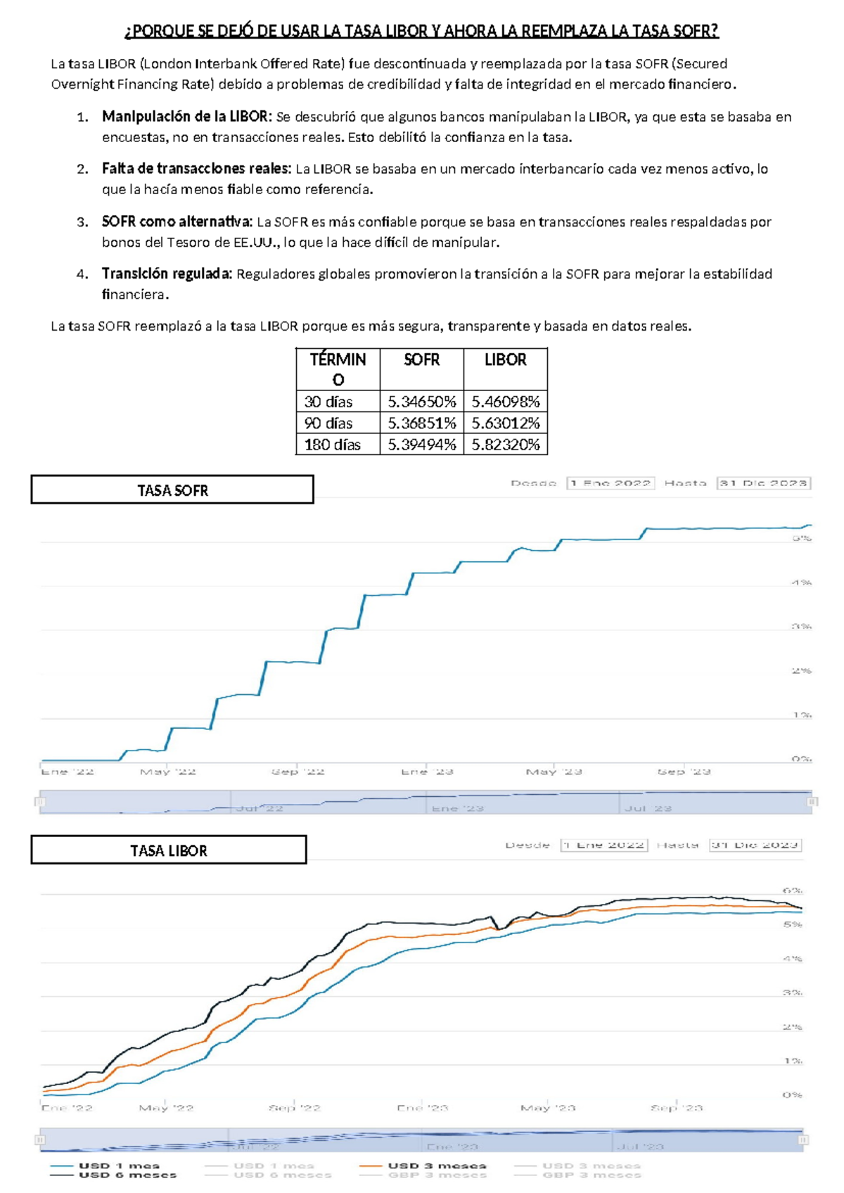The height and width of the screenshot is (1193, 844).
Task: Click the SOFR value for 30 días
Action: [421, 402]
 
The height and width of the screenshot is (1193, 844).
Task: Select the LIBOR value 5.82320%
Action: [505, 445]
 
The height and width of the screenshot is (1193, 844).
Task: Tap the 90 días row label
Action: [328, 423]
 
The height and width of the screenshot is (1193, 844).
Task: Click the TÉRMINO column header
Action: [338, 369]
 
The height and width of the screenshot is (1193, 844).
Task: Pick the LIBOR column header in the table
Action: [505, 359]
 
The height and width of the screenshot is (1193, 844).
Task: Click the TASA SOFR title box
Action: [172, 490]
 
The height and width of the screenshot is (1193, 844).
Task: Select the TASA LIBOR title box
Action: [169, 850]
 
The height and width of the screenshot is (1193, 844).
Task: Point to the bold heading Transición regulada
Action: [167, 274]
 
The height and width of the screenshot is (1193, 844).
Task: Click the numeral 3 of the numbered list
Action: [82, 222]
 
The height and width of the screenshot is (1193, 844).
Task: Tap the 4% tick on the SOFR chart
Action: [802, 582]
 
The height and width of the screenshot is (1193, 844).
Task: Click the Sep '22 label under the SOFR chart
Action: [298, 772]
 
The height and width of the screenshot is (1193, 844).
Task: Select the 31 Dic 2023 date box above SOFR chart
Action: [763, 483]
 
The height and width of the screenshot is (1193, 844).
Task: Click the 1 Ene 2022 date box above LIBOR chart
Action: [603, 845]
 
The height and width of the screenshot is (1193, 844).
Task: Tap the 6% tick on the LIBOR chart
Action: [793, 891]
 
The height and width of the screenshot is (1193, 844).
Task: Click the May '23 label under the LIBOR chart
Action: [548, 1108]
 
